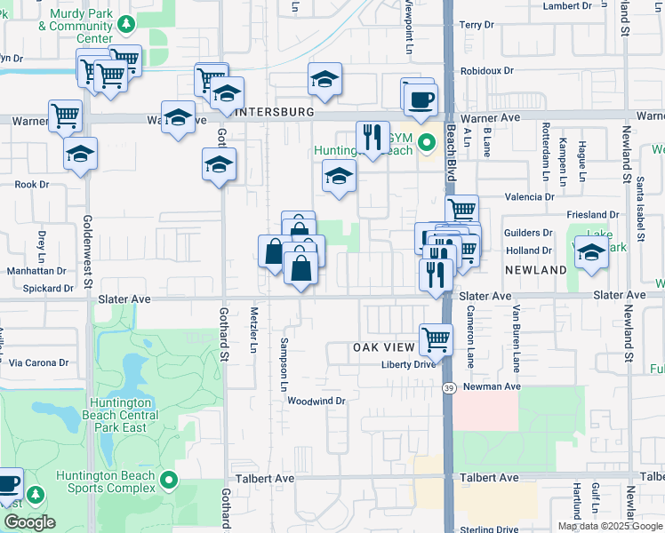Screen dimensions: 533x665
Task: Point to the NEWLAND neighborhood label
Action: point(536,269)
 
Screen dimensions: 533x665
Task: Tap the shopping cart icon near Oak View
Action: point(436,338)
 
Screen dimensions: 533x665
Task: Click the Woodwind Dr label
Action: point(315,402)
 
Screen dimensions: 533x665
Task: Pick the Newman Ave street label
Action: point(488,386)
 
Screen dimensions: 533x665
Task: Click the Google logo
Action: point(28,521)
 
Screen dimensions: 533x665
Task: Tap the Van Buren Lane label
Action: point(516,338)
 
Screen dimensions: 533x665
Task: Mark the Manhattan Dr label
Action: point(36,270)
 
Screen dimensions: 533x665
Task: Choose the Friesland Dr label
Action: point(593,215)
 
